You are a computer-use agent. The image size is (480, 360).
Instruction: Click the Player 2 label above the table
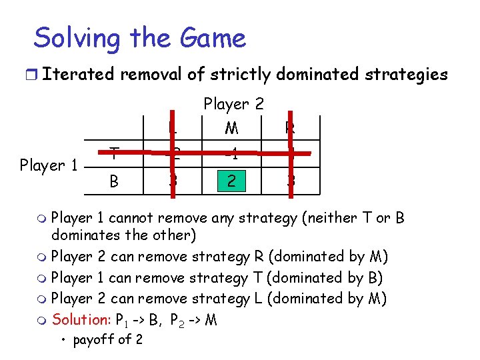click(233, 103)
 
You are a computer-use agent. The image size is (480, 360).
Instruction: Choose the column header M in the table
click(232, 127)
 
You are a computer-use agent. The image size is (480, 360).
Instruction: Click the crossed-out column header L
click(173, 127)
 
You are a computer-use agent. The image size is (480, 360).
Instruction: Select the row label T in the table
click(115, 154)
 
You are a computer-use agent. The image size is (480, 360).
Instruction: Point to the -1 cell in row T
click(232, 154)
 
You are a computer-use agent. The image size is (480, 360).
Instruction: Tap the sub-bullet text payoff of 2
click(107, 340)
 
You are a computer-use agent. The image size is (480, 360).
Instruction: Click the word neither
click(331, 218)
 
